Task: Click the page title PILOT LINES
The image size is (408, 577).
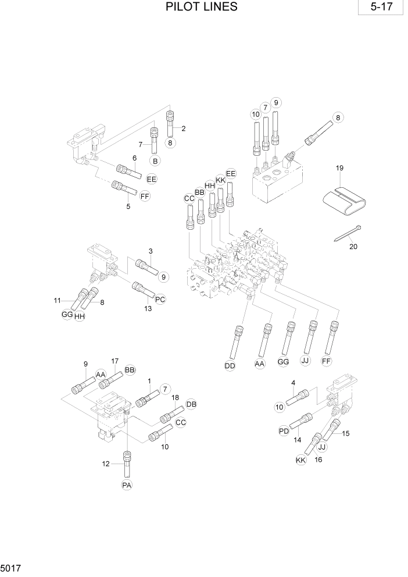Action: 201,7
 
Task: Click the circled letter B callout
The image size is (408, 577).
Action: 155,161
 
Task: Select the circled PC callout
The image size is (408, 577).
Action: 160,300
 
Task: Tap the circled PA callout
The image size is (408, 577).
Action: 127,485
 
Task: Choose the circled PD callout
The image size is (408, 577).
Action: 284,431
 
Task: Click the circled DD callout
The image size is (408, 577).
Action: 231,365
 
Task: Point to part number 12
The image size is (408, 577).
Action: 105,464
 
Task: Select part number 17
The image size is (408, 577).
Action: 115,361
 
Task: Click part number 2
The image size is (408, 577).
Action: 183,129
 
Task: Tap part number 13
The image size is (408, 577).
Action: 148,309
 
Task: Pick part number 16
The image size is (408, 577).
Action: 318,460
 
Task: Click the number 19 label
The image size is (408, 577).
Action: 340,168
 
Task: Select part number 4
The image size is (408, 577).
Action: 294,382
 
